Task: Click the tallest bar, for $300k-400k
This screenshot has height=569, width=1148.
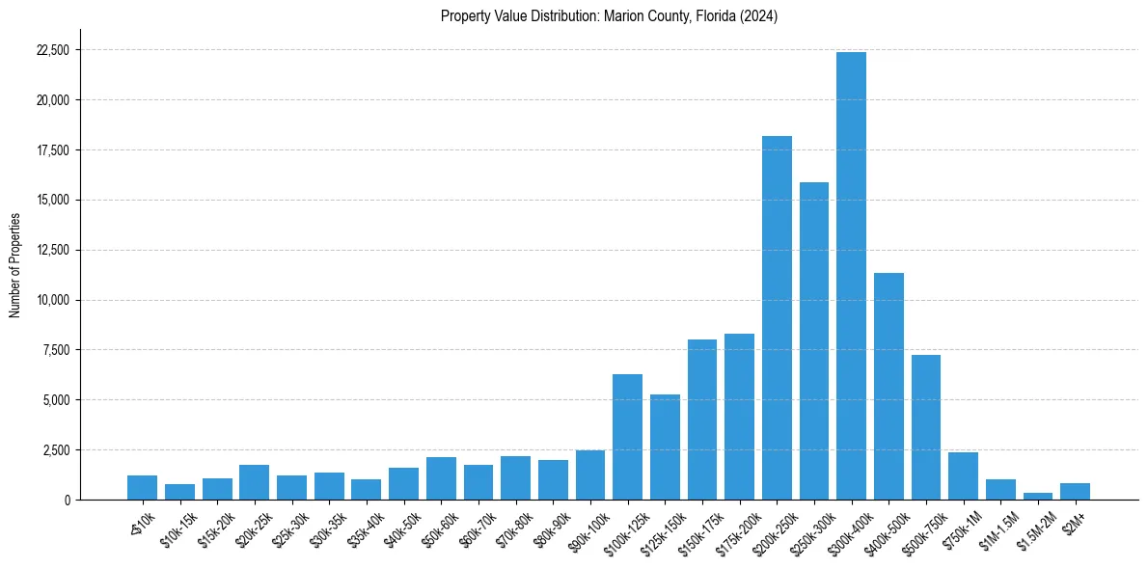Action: [x=851, y=276]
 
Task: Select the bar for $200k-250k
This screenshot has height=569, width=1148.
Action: [x=777, y=318]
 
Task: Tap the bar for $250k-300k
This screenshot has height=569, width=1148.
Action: [x=813, y=340]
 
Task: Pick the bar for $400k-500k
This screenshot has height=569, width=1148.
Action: [x=888, y=386]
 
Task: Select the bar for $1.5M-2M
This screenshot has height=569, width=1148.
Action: [x=1037, y=496]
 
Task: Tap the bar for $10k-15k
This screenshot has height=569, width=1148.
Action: [x=179, y=492]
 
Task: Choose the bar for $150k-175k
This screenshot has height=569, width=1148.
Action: [x=701, y=420]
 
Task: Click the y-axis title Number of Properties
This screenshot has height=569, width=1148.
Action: [x=14, y=264]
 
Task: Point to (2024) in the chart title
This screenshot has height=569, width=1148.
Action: [x=761, y=16]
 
